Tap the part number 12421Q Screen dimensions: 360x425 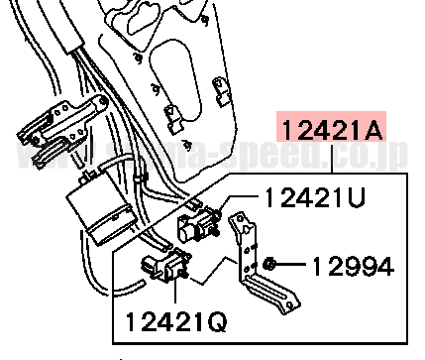175,321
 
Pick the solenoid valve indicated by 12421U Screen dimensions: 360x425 199,227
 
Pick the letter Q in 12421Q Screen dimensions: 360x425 217,321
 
